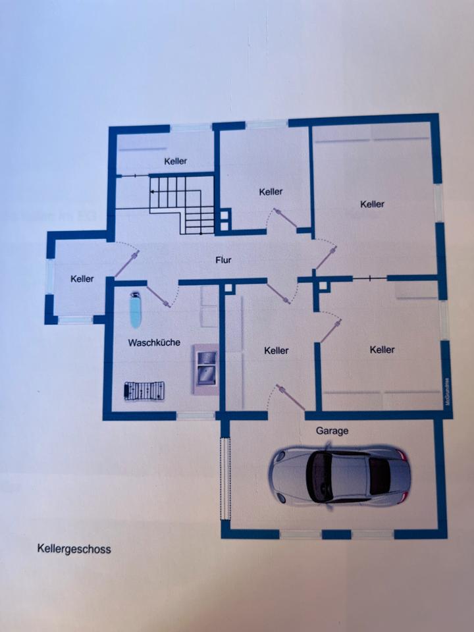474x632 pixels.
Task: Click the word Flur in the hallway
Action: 224,260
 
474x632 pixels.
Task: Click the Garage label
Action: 332,431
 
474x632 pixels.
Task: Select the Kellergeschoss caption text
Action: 74,548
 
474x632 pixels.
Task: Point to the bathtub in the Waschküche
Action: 136,310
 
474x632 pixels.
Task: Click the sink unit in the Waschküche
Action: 205,369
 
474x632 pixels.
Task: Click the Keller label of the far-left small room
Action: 82,279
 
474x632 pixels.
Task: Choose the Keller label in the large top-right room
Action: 372,205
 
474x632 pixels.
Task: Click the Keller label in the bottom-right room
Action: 382,350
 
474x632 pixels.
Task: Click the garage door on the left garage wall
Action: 225,477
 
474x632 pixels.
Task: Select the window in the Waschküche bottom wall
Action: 195,416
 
